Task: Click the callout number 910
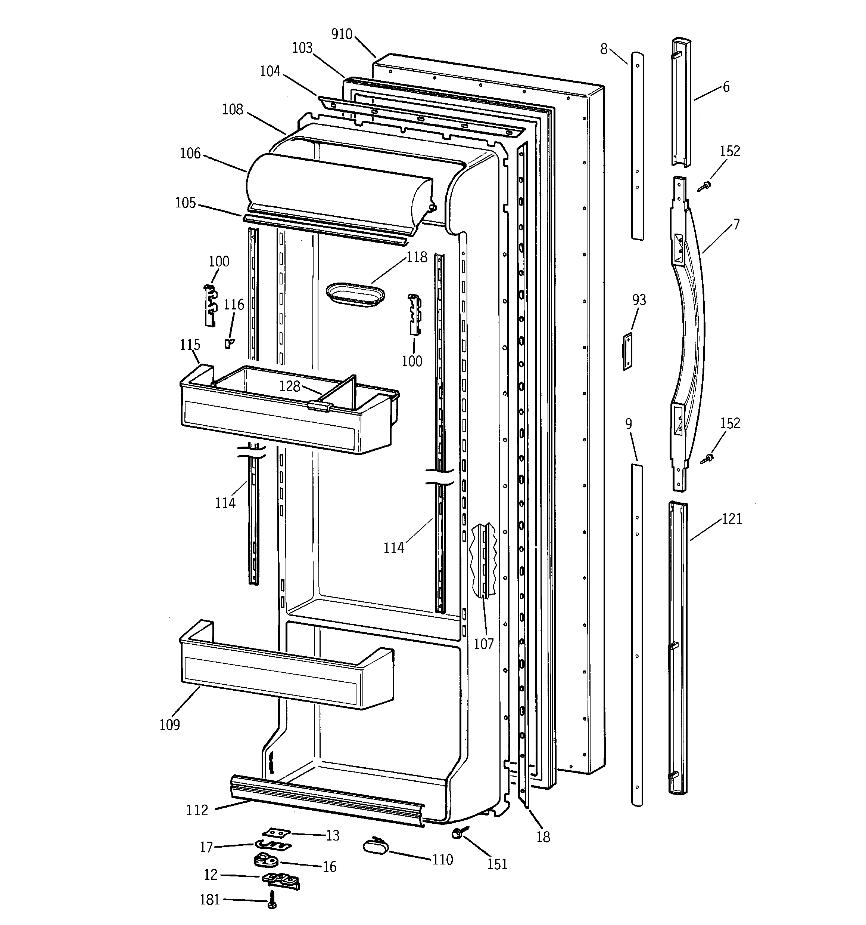click(x=342, y=34)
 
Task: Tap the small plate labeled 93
click(x=627, y=351)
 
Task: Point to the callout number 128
click(x=290, y=386)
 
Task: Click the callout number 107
click(x=483, y=644)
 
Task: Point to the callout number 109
click(x=170, y=724)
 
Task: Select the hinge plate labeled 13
click(x=276, y=832)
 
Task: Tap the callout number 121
click(x=732, y=519)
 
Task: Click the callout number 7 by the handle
click(x=736, y=224)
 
